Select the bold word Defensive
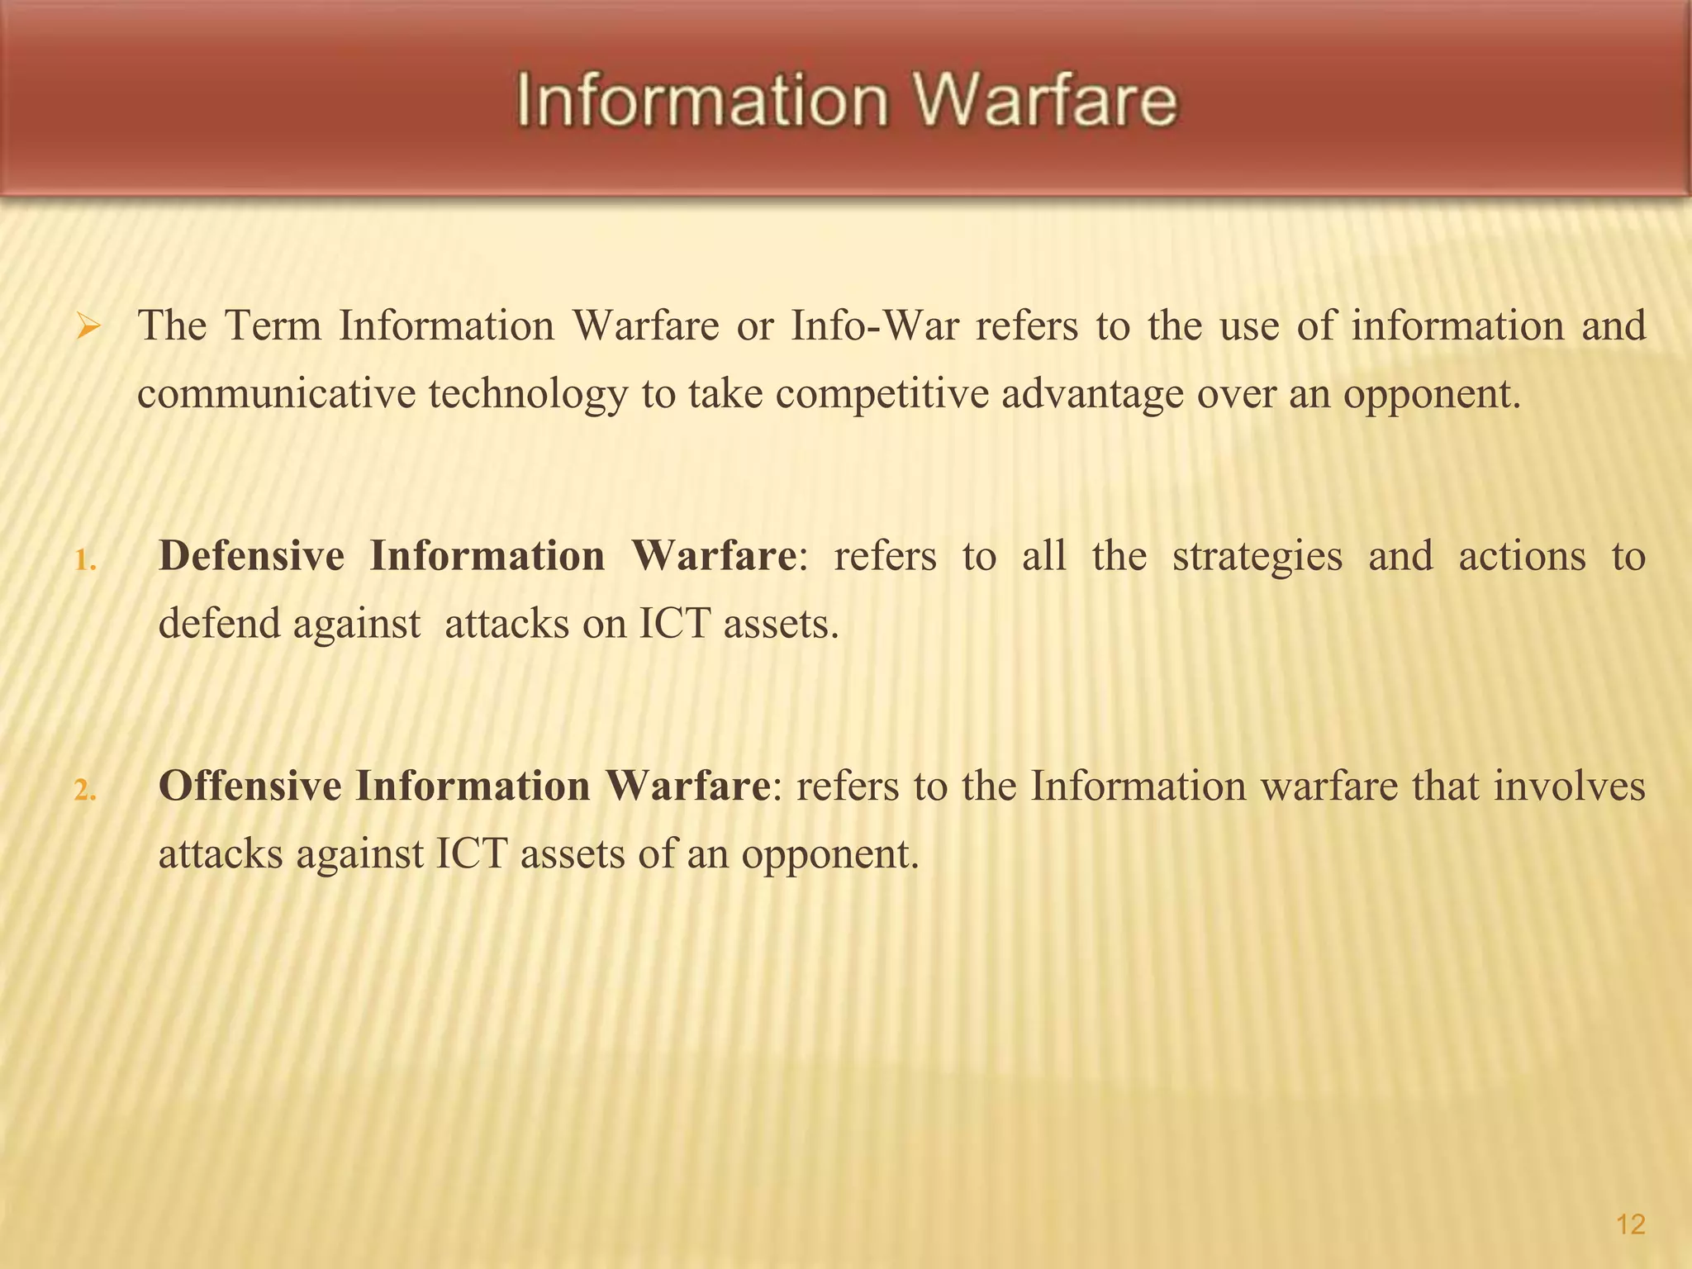[x=251, y=555]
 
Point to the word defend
[x=218, y=624]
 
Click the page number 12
[x=1630, y=1224]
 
